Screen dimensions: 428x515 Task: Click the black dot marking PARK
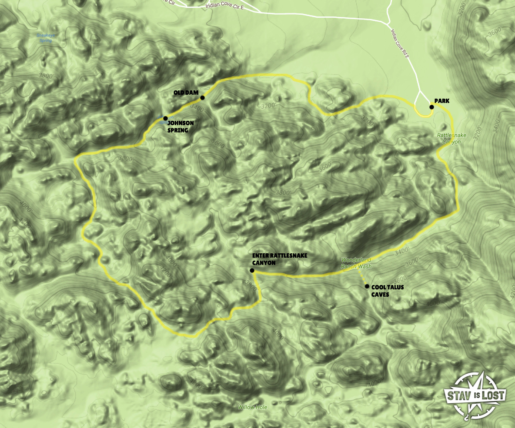(431, 107)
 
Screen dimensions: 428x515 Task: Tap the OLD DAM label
(186, 93)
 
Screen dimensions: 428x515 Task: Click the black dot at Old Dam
(203, 98)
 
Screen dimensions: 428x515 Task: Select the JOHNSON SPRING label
(181, 126)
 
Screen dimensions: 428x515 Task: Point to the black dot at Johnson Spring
(165, 118)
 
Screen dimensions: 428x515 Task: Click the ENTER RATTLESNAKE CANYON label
(279, 259)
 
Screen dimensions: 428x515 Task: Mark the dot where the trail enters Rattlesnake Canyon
(252, 271)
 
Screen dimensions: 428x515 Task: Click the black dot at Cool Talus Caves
(367, 286)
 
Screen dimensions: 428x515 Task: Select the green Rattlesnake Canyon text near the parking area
(451, 139)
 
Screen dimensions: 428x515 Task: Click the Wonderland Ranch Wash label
(356, 263)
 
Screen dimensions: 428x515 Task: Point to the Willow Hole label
(252, 408)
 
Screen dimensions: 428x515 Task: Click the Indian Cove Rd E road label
(401, 44)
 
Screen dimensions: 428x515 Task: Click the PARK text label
(441, 101)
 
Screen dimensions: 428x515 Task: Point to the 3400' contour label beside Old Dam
(197, 106)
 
